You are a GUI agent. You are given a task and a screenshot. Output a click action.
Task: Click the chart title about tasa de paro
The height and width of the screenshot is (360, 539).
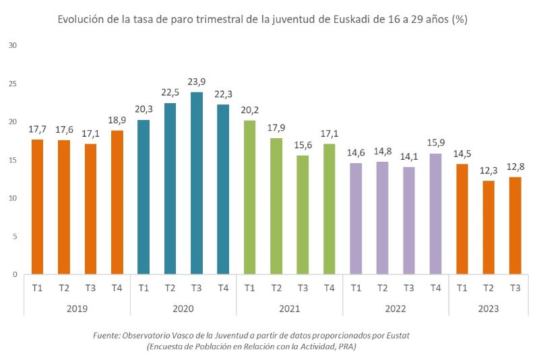[x=263, y=20]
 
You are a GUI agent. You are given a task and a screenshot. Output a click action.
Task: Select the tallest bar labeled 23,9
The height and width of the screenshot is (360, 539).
[x=197, y=183]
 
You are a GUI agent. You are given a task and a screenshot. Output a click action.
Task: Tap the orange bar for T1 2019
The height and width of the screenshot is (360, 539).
[x=37, y=207]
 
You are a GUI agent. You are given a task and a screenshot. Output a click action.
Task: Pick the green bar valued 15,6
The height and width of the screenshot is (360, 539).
[x=303, y=215]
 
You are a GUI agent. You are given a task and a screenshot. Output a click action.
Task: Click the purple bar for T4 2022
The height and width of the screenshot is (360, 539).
[x=435, y=214]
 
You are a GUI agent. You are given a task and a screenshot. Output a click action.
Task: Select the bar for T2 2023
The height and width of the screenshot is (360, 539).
[x=488, y=228]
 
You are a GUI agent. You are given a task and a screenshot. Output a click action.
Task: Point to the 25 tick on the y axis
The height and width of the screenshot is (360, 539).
[x=12, y=84]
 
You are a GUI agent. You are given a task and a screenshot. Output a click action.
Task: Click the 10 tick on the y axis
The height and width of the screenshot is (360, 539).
[x=12, y=198]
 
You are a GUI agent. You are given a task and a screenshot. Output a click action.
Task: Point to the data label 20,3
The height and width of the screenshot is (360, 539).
[x=144, y=109]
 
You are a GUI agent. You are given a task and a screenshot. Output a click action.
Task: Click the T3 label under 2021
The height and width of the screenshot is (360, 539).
[x=303, y=288]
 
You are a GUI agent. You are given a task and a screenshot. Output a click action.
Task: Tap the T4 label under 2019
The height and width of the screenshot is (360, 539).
[x=117, y=288]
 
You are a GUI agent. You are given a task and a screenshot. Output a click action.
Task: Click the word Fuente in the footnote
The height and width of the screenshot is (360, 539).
[x=108, y=335]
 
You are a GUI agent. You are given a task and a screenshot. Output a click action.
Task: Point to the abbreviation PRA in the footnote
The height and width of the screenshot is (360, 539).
[x=345, y=347]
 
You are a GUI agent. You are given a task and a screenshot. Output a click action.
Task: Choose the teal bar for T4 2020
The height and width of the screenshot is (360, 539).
[x=223, y=189]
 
